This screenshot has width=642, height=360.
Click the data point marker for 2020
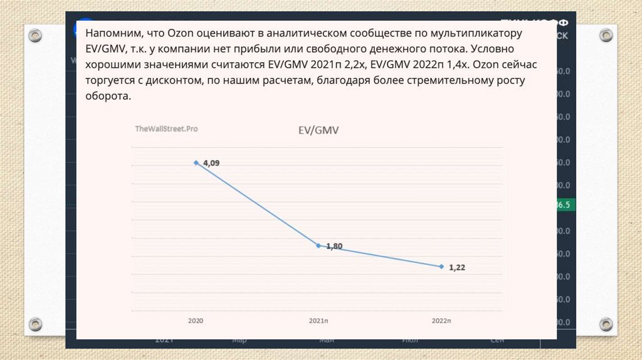pyautogui.click(x=196, y=162)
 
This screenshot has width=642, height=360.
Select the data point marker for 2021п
pyautogui.click(x=318, y=245)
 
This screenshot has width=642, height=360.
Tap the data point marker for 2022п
pyautogui.click(x=441, y=267)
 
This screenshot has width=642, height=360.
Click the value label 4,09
pyautogui.click(x=211, y=163)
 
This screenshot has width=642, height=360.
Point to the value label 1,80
pyautogui.click(x=334, y=246)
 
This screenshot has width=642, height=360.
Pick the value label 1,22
pyautogui.click(x=457, y=267)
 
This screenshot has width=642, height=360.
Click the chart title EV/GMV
pyautogui.click(x=318, y=130)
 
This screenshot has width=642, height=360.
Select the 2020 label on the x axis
pyautogui.click(x=196, y=320)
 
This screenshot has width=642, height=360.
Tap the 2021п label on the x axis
pyautogui.click(x=318, y=320)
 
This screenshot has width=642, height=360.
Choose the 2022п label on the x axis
pyautogui.click(x=441, y=320)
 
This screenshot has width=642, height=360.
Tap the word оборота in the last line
pyautogui.click(x=108, y=97)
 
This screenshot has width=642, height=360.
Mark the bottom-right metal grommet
pyautogui.click(x=605, y=324)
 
